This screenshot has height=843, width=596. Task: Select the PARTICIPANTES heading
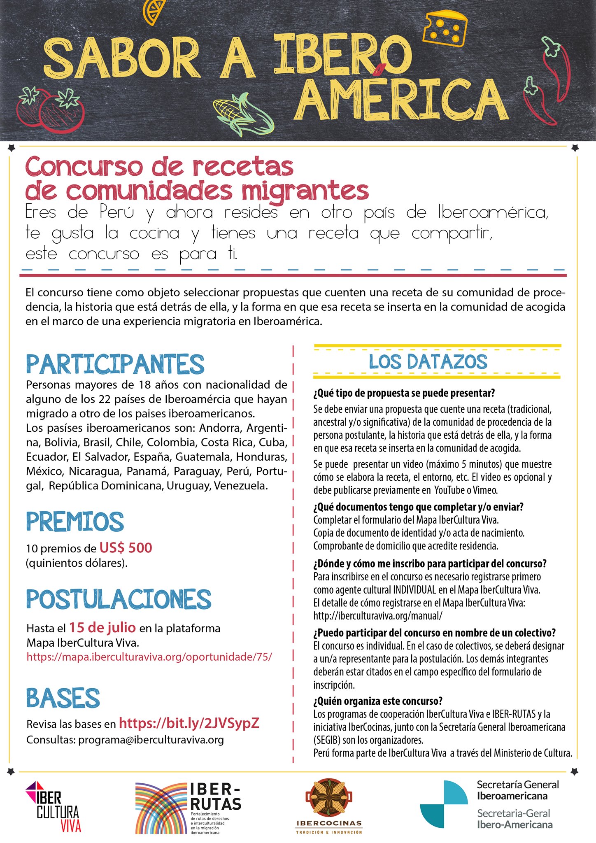(115, 364)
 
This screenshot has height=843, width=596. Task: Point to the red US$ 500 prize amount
(126, 548)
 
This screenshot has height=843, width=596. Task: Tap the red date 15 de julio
(102, 627)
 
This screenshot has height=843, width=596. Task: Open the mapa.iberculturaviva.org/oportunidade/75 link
(149, 657)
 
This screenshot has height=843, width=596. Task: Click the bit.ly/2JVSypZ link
(189, 723)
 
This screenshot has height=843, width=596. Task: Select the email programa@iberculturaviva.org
(151, 740)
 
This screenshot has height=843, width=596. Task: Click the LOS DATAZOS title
(428, 362)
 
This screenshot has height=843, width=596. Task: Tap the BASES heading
(63, 698)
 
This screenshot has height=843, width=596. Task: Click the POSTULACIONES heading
(119, 599)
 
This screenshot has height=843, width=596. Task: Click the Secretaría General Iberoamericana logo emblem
(444, 804)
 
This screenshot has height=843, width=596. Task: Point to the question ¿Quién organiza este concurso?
(378, 701)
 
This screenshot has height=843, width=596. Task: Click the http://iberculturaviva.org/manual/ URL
(378, 616)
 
